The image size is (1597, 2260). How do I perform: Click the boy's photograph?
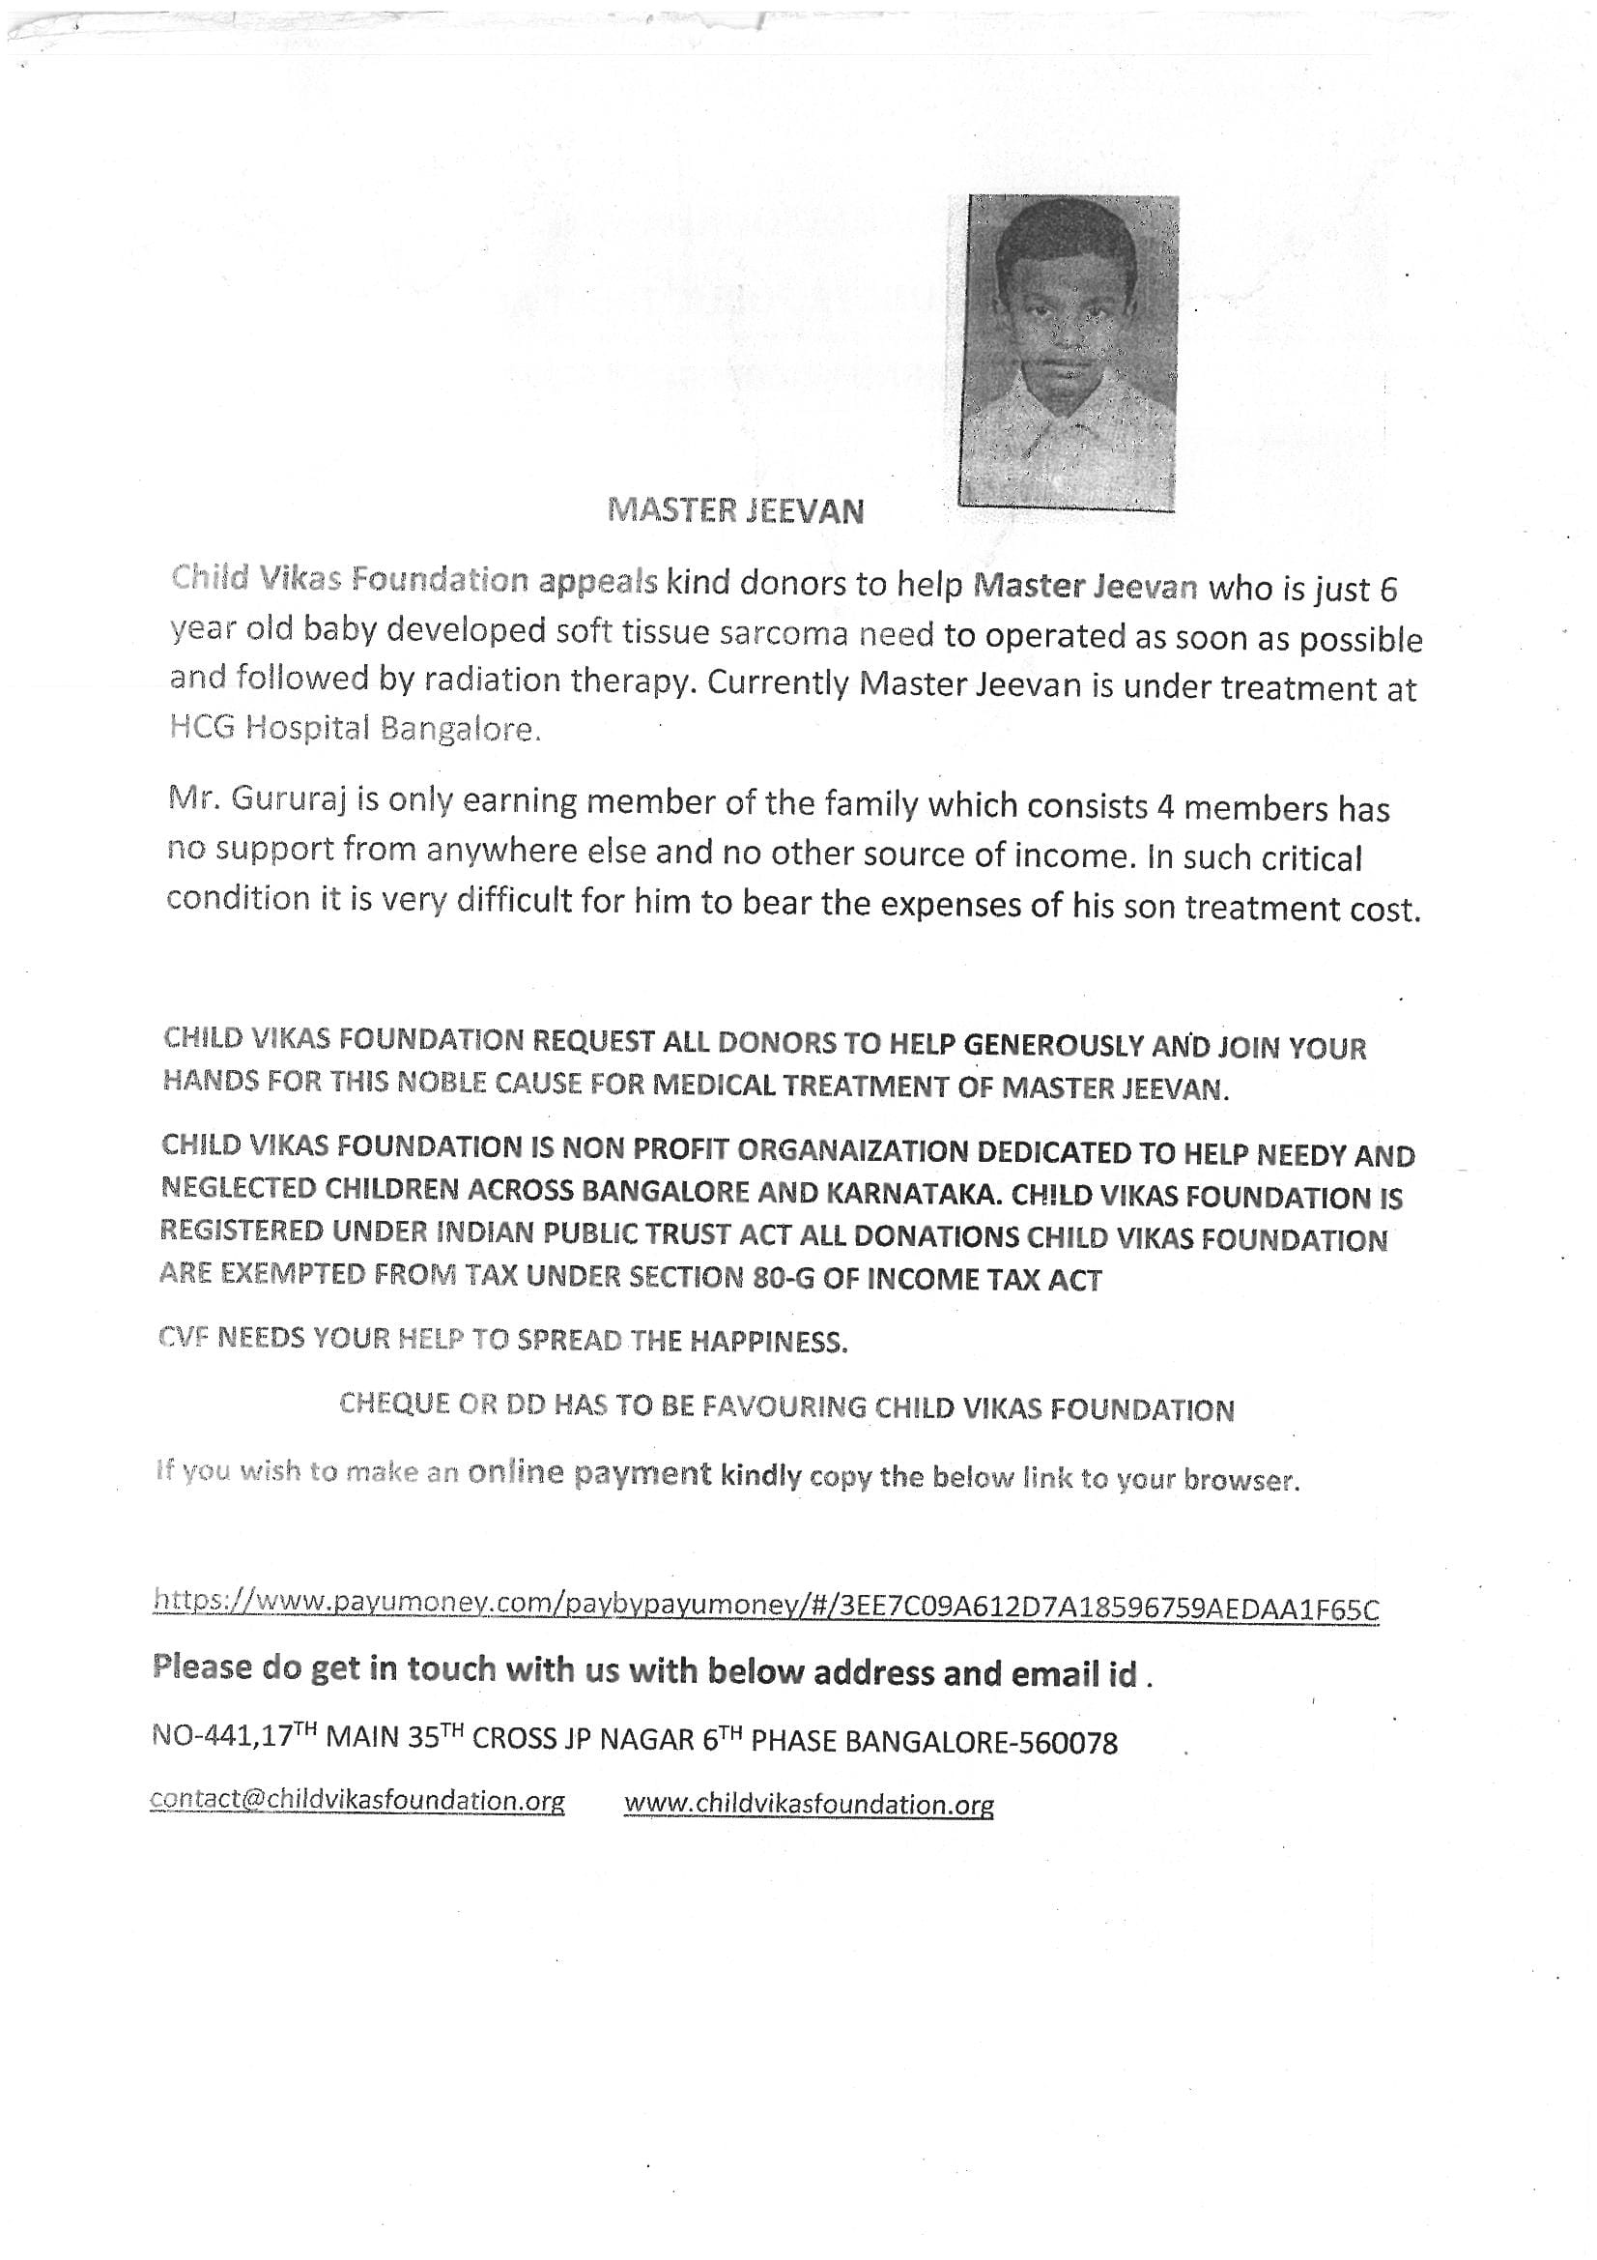[1069, 352]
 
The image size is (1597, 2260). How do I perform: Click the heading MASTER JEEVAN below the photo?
[735, 510]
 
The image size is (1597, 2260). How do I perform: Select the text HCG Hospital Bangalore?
[355, 729]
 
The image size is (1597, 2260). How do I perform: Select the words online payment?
[589, 1472]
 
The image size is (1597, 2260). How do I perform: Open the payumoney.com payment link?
[765, 1606]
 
